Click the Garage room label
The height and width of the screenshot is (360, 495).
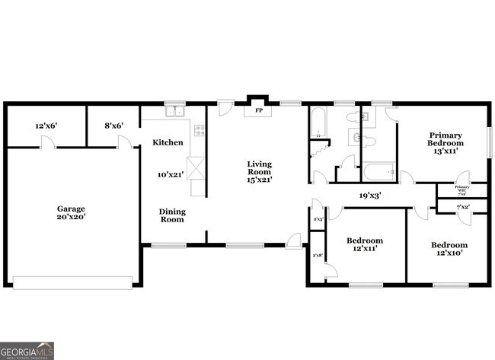pos(70,212)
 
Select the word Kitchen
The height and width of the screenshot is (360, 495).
pos(168,142)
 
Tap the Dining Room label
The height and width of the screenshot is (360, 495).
pos(172,215)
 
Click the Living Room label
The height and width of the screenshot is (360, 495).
pos(259,171)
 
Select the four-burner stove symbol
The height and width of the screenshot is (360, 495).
pos(200,130)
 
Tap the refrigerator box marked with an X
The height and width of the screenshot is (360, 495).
pos(196,167)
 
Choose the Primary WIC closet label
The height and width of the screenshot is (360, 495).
pos(461,189)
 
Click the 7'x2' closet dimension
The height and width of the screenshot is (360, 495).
pos(461,207)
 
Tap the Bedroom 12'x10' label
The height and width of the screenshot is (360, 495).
pos(449,249)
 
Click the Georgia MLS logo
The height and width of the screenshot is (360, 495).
pos(27,350)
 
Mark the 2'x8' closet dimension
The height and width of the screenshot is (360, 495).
pos(318,255)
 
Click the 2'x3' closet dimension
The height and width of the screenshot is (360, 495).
pos(318,220)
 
